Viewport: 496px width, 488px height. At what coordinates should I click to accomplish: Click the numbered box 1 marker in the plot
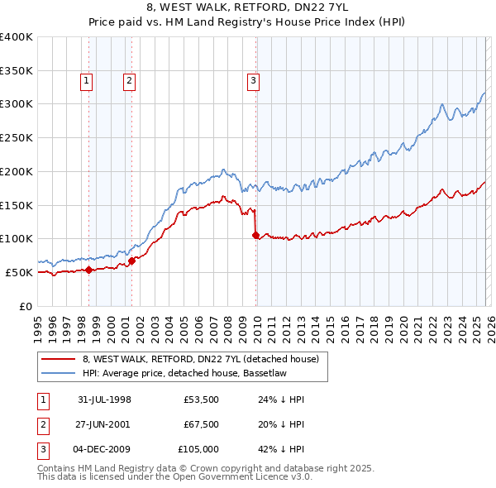point(87,80)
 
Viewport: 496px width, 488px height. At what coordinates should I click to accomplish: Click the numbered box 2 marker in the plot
point(130,80)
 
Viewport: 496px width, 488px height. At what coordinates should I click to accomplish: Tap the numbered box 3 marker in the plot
point(252,80)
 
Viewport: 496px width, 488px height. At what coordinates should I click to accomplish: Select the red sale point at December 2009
point(255,236)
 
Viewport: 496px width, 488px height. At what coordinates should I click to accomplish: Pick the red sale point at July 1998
point(89,270)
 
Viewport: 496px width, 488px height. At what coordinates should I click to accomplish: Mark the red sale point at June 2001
point(132,261)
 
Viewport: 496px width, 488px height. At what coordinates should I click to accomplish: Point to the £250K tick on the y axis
point(17,137)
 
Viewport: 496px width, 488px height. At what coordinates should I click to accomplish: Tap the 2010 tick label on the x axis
point(257,328)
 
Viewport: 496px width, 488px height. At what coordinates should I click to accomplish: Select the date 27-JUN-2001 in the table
point(104,424)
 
